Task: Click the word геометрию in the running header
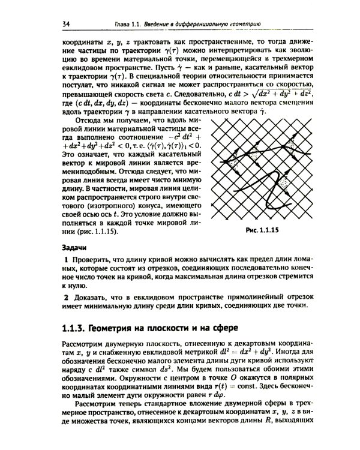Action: (244, 23)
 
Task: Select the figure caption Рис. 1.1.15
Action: (263, 230)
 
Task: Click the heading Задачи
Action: (75, 247)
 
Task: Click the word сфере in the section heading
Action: (221, 328)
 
